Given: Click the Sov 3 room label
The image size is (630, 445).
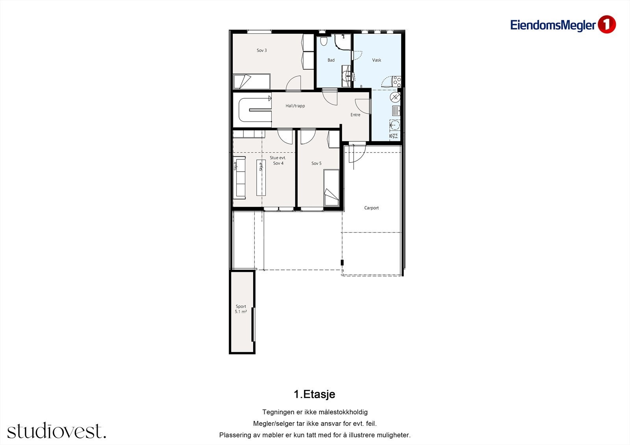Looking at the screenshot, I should [261, 50].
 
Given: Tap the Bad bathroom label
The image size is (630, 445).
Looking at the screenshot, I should [331, 60].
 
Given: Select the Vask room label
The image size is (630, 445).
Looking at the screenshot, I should [376, 60].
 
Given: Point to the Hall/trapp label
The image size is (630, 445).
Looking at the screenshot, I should [295, 106].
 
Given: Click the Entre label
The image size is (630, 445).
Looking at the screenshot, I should [355, 115].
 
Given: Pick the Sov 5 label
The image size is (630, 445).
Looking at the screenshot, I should [316, 163].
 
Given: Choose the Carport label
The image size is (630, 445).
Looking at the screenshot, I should [371, 208].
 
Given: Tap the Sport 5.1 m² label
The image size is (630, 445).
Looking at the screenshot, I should [241, 309].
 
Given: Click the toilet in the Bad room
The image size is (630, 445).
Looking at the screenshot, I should [324, 41].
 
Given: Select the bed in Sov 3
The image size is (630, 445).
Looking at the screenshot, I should [252, 82].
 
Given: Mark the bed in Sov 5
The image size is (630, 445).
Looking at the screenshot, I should [331, 188].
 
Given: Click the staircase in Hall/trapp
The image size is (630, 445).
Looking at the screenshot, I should [255, 110].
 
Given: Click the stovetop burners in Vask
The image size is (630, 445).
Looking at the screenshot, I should [397, 82].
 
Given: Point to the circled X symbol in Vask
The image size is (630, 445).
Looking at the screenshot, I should [395, 97].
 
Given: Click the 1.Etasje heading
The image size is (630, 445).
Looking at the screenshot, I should [314, 394].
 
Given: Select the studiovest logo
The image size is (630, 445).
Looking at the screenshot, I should [56, 431].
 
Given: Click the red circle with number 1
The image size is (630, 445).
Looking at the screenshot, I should [606, 24].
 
